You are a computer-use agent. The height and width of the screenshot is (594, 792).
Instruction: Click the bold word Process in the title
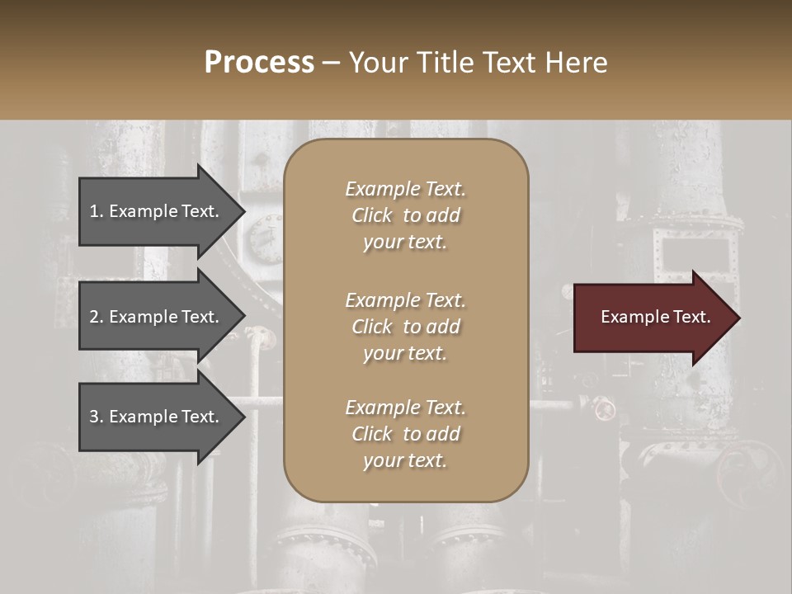(259, 63)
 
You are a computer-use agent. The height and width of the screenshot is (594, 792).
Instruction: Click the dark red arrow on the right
(652, 318)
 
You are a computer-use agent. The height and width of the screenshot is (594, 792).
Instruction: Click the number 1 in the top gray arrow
(94, 211)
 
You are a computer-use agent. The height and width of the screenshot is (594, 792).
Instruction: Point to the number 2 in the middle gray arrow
(94, 317)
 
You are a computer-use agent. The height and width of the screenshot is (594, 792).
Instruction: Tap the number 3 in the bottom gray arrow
(94, 417)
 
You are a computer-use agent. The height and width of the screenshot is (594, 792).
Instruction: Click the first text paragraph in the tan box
(405, 215)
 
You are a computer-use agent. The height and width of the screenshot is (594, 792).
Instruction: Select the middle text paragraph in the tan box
(405, 327)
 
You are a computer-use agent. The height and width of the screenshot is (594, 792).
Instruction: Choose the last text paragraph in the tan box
(405, 434)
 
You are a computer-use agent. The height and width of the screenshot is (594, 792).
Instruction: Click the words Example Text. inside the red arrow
(655, 317)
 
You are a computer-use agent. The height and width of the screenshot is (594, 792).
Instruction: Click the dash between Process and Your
(331, 64)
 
